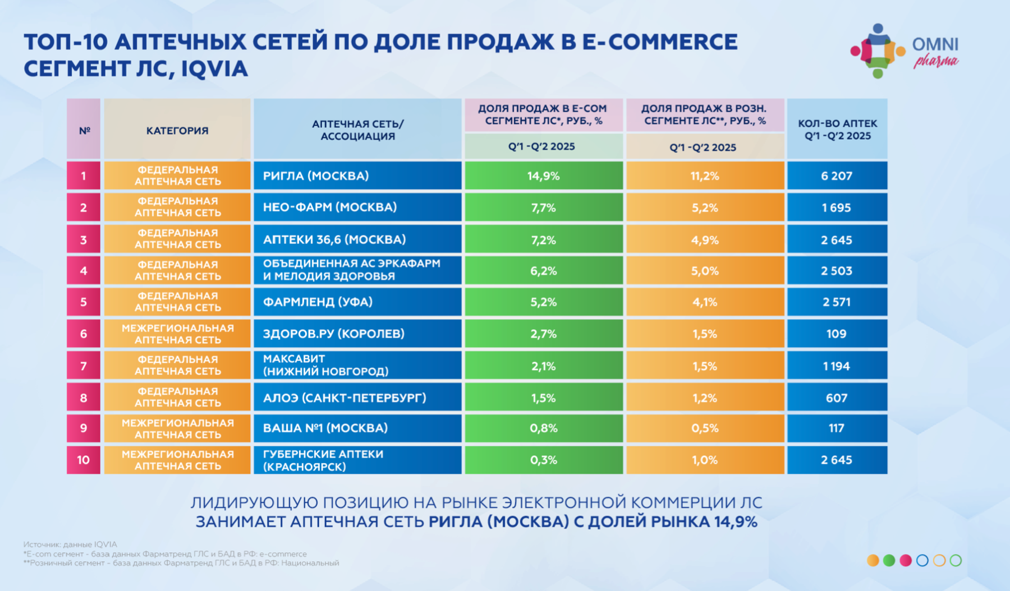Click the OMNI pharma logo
coord(904,51)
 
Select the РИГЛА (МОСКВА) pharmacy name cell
coord(357,176)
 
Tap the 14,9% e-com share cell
coord(543,176)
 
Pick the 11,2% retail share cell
coord(704,176)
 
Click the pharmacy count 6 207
coord(837,176)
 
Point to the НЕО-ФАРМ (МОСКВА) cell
coord(357,207)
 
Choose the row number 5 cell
coord(84,302)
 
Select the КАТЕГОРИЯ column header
coord(177,130)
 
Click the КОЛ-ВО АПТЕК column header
coord(837,130)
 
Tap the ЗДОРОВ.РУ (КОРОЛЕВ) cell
coord(357,334)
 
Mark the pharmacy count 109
coord(837,334)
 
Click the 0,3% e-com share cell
coord(543,460)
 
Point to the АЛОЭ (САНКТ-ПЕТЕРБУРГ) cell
coord(357,398)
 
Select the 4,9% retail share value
coord(704,239)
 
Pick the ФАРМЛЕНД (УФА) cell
coord(357,302)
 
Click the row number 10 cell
coord(84,460)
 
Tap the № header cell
coord(84,130)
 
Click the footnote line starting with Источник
coord(70,544)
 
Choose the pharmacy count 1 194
coord(837,366)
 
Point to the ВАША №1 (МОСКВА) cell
coord(357,428)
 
